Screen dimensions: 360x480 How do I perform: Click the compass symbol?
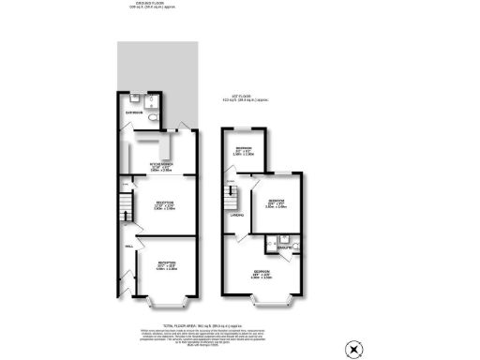point(352,349)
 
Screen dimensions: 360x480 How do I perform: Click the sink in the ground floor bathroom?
point(138,98)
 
